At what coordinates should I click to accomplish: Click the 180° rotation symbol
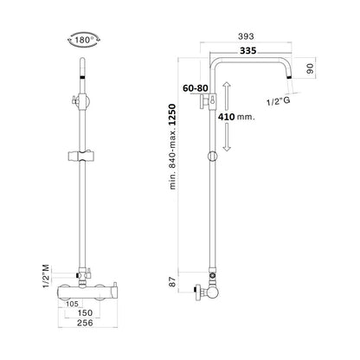point(84,40)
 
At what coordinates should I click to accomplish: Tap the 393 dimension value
point(246,36)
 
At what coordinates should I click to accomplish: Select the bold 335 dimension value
point(248,51)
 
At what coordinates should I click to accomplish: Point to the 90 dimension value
point(310,68)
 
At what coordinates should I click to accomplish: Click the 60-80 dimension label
point(196,88)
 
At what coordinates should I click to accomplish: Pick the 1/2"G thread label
point(279,102)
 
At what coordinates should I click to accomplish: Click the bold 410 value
point(226,117)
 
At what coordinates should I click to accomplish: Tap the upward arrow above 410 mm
point(227,96)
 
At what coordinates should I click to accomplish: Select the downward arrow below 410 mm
point(227,138)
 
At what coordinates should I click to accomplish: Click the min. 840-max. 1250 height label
point(172,146)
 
